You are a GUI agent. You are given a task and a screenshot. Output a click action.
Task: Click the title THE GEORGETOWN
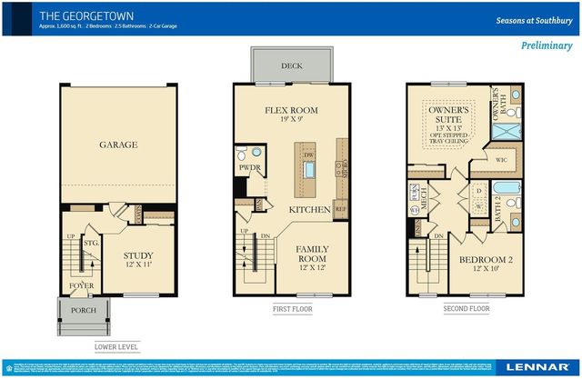(x=80, y=15)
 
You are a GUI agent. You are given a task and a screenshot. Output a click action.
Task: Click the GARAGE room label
(x=118, y=145)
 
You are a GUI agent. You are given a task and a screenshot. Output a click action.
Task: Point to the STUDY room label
(x=138, y=256)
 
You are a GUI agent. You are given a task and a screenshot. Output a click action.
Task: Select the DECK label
(x=292, y=65)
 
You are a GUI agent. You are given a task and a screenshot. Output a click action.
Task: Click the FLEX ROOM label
(x=291, y=111)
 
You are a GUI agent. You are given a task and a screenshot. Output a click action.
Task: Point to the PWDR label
(x=249, y=168)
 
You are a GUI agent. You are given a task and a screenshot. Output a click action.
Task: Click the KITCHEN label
(x=309, y=210)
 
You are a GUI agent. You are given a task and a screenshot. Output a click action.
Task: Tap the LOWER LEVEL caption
(x=117, y=347)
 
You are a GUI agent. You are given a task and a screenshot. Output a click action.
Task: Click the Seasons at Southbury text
(x=535, y=19)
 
